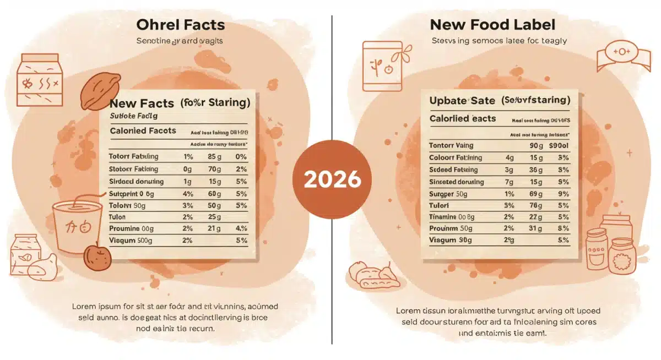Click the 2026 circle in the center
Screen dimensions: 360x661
332,179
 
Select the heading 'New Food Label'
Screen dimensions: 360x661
492,25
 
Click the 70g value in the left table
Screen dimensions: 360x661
214,169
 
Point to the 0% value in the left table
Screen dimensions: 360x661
241,157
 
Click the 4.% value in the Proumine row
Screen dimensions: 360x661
241,228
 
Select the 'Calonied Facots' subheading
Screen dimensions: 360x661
143,130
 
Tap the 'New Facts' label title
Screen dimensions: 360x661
142,103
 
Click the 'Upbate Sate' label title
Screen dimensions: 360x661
462,100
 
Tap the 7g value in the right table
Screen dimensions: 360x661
509,182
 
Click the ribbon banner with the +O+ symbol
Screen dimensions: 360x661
620,53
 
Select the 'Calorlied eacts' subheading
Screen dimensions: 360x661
462,118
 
